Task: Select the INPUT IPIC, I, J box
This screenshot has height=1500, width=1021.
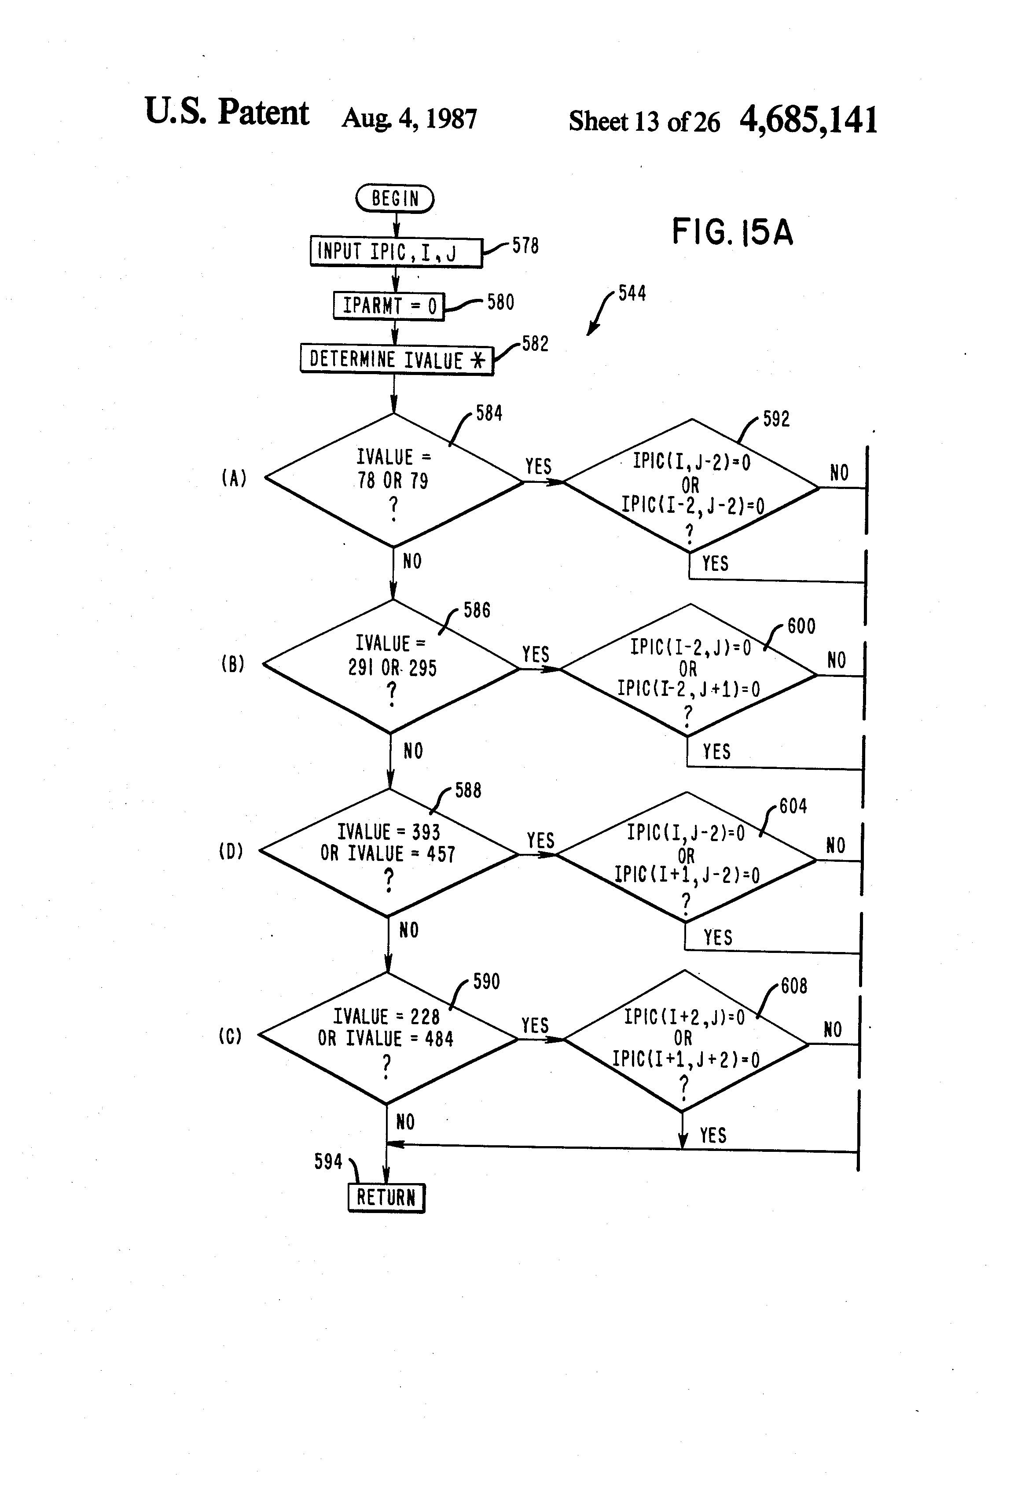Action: tap(396, 252)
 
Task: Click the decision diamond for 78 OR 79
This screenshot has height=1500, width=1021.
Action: tap(394, 480)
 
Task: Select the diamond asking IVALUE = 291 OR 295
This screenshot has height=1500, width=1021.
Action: tap(392, 667)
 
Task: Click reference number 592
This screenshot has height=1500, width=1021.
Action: tap(776, 419)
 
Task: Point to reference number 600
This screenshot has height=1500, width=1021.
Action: tap(801, 626)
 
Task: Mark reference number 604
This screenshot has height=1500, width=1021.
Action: tap(793, 806)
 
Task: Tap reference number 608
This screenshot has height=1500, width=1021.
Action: tap(794, 985)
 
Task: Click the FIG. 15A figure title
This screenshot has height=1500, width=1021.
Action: tap(732, 232)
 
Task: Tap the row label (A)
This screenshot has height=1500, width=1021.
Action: tap(234, 478)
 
